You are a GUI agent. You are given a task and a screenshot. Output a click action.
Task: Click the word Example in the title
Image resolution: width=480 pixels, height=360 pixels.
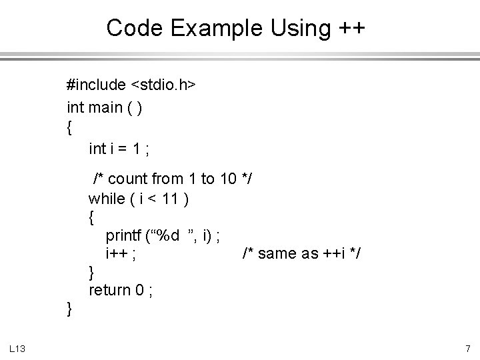pyautogui.click(x=203, y=28)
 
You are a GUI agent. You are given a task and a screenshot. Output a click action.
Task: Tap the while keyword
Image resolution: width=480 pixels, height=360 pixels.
pyautogui.click(x=106, y=198)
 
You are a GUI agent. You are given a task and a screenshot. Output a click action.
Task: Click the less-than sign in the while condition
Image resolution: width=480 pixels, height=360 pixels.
pyautogui.click(x=150, y=198)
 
